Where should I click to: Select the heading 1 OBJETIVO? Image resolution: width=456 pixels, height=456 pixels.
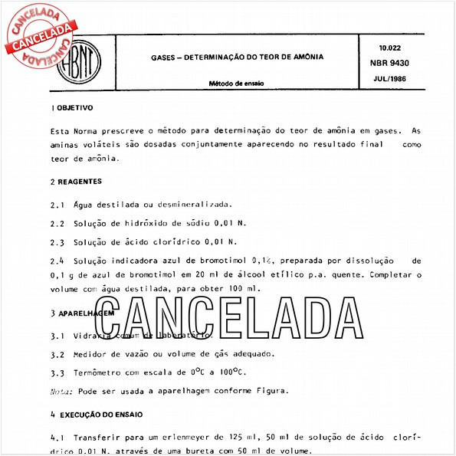coord(71,107)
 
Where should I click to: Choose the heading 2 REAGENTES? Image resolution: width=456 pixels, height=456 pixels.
coord(75,182)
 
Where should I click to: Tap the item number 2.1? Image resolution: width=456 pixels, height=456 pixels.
coord(57,205)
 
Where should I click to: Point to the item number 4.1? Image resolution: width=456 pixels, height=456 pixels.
coord(57,437)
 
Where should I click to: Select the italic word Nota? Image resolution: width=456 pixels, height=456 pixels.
coord(61,391)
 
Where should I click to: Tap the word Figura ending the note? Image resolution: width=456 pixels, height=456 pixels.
coord(272,391)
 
